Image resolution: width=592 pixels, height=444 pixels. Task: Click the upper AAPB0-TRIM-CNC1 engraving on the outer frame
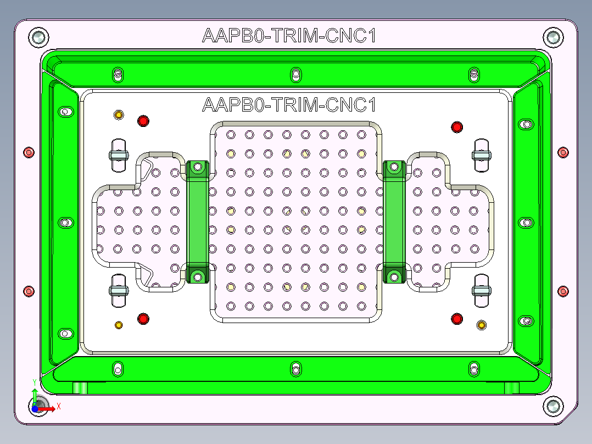[289, 36]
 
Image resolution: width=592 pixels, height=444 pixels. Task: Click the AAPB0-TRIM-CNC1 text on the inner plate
[289, 104]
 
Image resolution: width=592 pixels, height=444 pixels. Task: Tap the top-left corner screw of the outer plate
[38, 37]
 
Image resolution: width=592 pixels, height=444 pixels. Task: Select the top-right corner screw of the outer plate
[553, 37]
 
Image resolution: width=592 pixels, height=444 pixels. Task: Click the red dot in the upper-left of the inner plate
[143, 121]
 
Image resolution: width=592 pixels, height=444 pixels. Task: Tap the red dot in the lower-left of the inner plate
[143, 318]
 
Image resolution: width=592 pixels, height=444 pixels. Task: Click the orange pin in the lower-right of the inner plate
[482, 325]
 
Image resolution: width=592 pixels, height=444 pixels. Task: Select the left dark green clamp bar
[198, 222]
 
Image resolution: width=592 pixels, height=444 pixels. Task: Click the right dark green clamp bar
[394, 222]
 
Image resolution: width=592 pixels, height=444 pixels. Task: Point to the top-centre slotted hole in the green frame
[296, 74]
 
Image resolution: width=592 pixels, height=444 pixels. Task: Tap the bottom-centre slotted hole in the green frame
[296, 368]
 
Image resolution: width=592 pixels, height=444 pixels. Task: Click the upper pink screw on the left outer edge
[29, 152]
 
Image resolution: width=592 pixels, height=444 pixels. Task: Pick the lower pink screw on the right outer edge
[563, 291]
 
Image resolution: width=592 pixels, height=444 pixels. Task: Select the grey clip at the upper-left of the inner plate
[118, 154]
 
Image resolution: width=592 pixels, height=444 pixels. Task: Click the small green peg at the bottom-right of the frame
[512, 388]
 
